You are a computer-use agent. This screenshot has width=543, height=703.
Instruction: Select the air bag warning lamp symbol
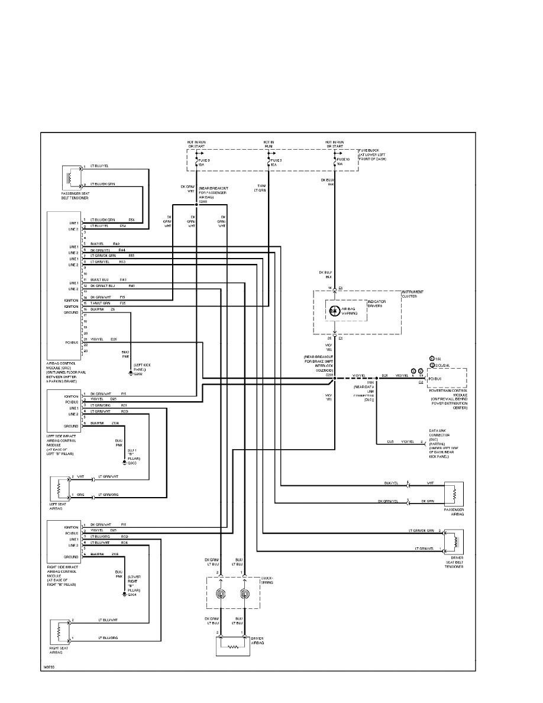click(x=334, y=309)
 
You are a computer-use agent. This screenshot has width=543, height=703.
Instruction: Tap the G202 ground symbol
click(x=131, y=374)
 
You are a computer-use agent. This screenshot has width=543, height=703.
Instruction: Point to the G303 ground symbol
click(x=124, y=461)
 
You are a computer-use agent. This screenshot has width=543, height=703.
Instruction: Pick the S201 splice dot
click(x=334, y=375)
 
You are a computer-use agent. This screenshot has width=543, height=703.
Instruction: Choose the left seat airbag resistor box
click(x=60, y=489)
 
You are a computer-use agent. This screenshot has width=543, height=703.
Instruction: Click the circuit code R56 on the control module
click(x=131, y=220)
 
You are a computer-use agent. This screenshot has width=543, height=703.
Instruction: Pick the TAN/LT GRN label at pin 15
click(x=101, y=303)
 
